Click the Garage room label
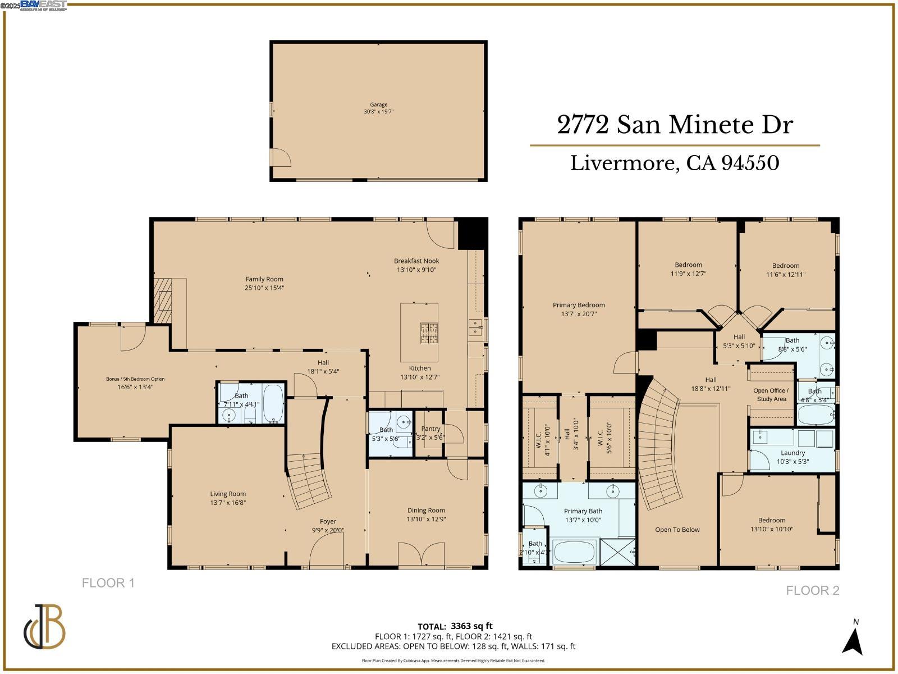(378, 104)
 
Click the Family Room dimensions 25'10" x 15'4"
(264, 288)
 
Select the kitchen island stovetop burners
(429, 333)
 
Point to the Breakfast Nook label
(416, 261)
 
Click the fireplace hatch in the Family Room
(163, 300)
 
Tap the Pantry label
(431, 429)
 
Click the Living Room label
(228, 494)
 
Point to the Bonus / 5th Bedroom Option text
(135, 379)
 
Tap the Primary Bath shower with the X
(617, 552)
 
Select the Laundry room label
(792, 453)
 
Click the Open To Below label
(677, 530)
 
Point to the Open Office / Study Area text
(771, 394)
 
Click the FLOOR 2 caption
(812, 590)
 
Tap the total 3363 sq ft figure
(471, 626)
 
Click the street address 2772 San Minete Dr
(675, 125)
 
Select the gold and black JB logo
(45, 626)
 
